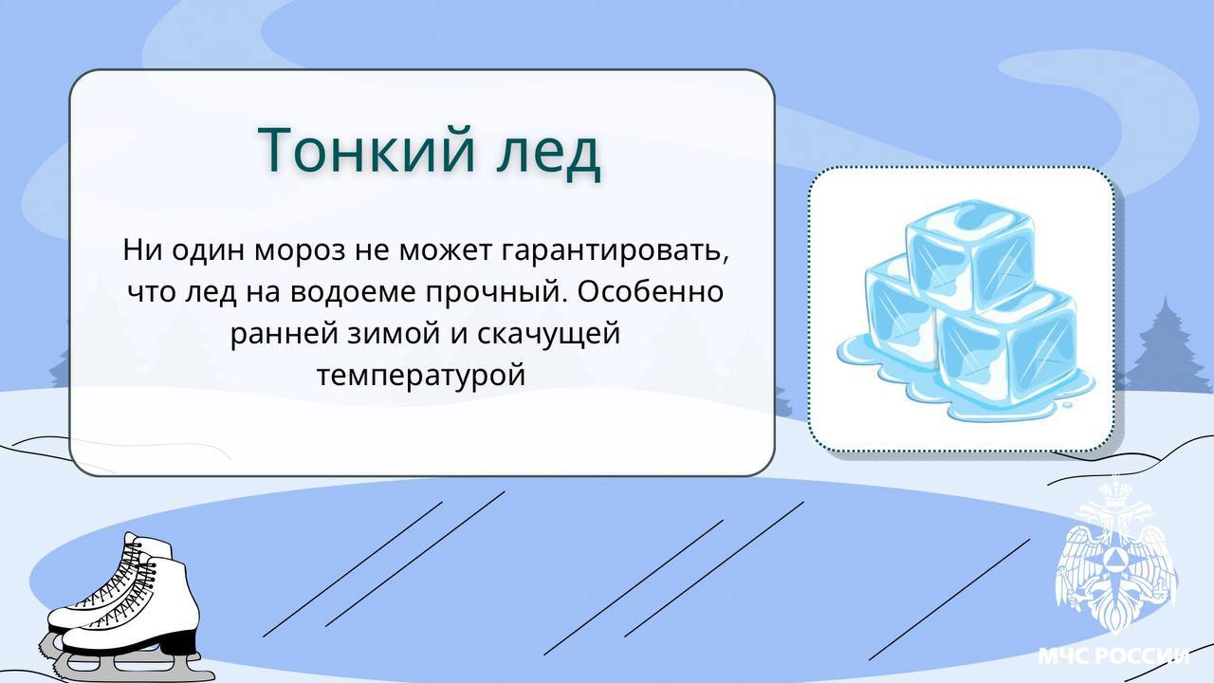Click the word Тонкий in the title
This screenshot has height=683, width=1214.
click(x=367, y=149)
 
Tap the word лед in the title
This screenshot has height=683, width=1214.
click(x=548, y=151)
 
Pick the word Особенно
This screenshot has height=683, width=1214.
click(x=650, y=291)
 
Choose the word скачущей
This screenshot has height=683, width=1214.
click(x=548, y=333)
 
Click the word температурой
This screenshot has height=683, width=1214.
click(x=421, y=375)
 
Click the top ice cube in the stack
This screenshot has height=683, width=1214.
click(x=969, y=255)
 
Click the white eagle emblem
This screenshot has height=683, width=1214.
click(x=1116, y=559)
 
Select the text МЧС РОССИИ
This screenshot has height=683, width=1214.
click(x=1113, y=655)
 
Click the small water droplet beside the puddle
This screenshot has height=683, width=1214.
click(x=1067, y=404)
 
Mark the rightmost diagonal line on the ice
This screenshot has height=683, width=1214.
click(x=949, y=600)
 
